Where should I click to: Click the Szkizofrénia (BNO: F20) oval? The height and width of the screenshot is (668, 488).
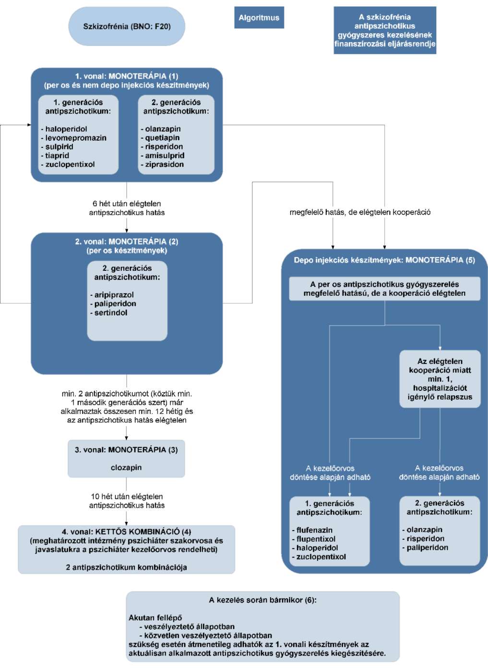(x=127, y=26)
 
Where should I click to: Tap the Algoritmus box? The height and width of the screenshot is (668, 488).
(x=259, y=18)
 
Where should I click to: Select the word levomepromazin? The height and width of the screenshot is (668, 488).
(x=76, y=138)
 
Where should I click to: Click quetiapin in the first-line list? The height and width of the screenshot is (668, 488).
(x=162, y=138)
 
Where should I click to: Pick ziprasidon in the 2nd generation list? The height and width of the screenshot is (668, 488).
(x=165, y=164)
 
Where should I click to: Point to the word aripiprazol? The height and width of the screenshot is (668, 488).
(x=114, y=295)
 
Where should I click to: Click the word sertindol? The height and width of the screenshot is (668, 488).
(x=111, y=313)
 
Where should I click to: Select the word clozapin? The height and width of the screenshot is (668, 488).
(x=126, y=467)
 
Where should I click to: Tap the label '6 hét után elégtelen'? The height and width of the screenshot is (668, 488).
(x=127, y=204)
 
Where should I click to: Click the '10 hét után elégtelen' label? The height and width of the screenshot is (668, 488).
(x=127, y=497)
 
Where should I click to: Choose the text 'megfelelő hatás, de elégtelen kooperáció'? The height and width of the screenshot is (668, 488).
(x=360, y=212)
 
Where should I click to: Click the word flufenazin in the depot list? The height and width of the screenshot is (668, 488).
(x=314, y=530)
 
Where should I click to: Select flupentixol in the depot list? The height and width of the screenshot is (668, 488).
(x=316, y=539)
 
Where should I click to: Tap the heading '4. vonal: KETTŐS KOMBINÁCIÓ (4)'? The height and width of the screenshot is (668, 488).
(x=126, y=532)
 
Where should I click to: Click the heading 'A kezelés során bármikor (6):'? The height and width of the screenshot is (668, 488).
(x=262, y=600)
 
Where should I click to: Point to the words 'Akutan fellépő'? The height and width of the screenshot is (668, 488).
(x=155, y=618)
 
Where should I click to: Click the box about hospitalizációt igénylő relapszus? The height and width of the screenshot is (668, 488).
(x=440, y=379)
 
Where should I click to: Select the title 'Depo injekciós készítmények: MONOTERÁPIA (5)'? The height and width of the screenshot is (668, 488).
(x=384, y=260)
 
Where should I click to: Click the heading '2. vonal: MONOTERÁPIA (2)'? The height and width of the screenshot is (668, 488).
(x=127, y=241)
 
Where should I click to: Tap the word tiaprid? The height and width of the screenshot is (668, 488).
(x=57, y=156)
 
